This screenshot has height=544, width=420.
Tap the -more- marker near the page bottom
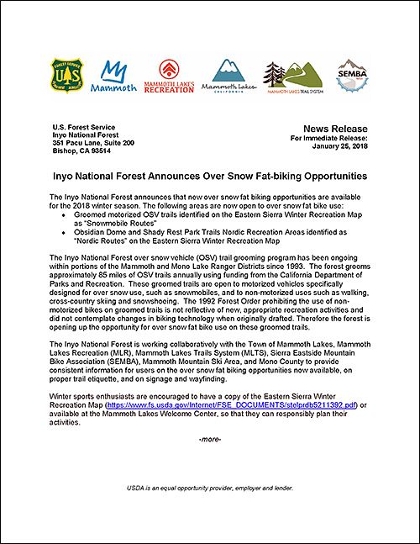(x=210, y=441)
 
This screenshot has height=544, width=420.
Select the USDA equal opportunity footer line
(x=209, y=489)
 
